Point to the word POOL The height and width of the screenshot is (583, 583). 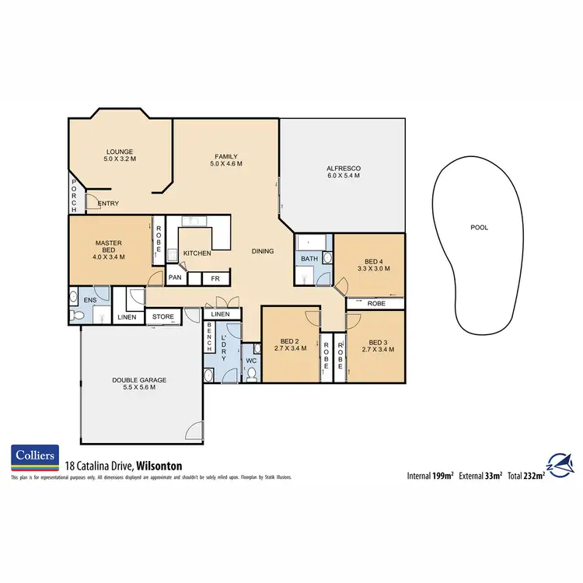click(480, 228)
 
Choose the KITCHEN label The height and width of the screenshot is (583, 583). click(197, 253)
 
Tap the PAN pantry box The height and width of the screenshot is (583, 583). click(176, 278)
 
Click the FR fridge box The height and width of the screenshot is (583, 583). click(215, 278)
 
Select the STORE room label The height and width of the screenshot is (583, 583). click(163, 316)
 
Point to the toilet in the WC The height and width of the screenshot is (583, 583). click(252, 373)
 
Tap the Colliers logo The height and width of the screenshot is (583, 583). click(34, 458)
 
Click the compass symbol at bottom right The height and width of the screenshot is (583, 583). click(560, 465)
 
